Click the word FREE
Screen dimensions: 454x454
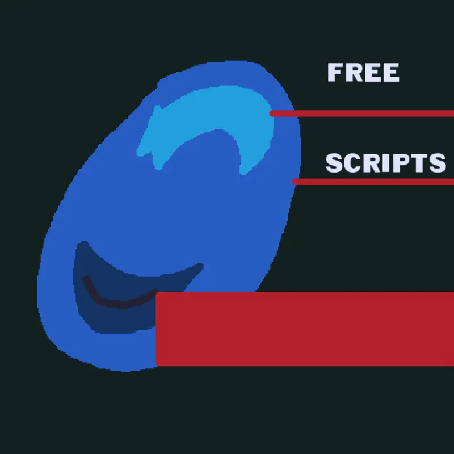click(x=363, y=73)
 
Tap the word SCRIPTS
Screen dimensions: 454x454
click(x=386, y=163)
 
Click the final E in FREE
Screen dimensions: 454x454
click(x=391, y=73)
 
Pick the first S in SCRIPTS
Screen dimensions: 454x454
click(x=334, y=163)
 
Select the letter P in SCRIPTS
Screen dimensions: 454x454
click(x=401, y=163)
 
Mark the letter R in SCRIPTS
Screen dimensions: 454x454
click(x=373, y=163)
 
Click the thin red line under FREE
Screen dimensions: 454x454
click(x=361, y=113)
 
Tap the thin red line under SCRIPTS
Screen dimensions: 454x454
click(x=373, y=182)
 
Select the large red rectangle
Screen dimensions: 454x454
click(x=305, y=329)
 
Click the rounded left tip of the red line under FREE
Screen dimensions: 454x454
click(x=271, y=113)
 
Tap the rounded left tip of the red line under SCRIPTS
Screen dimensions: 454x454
click(x=294, y=182)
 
